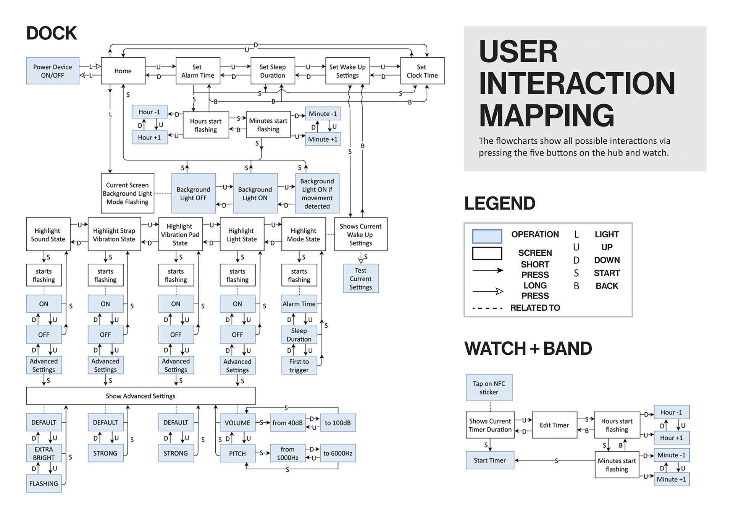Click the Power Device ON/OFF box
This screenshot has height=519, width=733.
click(53, 71)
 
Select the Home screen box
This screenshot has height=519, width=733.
click(123, 71)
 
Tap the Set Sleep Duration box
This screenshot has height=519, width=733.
click(273, 71)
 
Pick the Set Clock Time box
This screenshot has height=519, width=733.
click(422, 71)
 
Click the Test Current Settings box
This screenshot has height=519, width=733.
click(361, 279)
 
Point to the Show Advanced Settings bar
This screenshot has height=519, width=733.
click(140, 396)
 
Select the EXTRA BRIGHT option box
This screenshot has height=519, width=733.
click(44, 453)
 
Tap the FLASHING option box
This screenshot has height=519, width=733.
click(44, 483)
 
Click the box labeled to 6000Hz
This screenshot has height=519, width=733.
click(338, 453)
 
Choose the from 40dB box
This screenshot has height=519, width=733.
click(288, 423)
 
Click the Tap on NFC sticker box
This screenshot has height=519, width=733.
click(489, 388)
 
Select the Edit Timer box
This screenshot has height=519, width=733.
click(554, 425)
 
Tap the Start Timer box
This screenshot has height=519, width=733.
click(490, 460)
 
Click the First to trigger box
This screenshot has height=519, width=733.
click(299, 366)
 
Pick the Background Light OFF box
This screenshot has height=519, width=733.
click(194, 193)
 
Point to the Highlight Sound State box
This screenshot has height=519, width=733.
click(48, 235)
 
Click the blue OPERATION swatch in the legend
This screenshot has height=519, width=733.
click(487, 236)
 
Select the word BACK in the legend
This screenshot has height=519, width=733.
click(607, 286)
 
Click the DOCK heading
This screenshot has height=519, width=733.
click(52, 33)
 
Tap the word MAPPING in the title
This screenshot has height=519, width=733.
click(546, 115)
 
